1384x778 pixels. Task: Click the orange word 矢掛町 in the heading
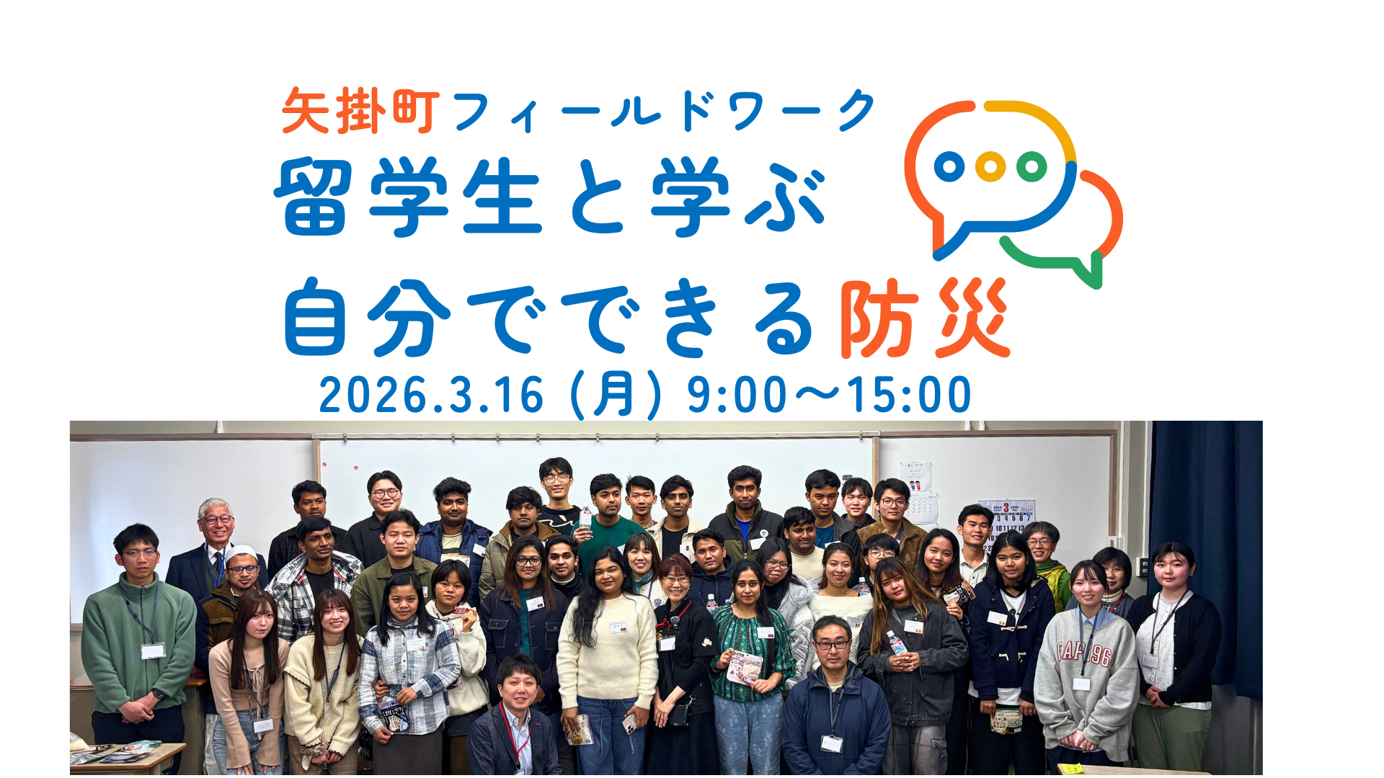[x=360, y=111]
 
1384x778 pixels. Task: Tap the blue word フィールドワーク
[x=664, y=111]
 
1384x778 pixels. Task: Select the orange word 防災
[x=925, y=318]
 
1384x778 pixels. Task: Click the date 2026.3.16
[x=431, y=395]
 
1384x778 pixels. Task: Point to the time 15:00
[x=909, y=395]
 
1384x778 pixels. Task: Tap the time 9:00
[x=737, y=395]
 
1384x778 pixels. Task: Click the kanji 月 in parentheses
[x=614, y=394]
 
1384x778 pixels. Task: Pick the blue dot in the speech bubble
[x=949, y=167]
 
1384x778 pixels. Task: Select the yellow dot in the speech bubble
[x=990, y=167]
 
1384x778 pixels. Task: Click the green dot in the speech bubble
[x=1032, y=167]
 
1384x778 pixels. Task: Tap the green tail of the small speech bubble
[x=1088, y=270]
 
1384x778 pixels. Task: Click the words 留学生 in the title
[x=407, y=196]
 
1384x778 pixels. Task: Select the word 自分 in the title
[x=367, y=318]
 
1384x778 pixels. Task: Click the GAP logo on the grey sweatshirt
[x=1085, y=653]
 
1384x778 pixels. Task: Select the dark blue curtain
[x=1205, y=555]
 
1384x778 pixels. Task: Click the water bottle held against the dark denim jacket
[x=895, y=641]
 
